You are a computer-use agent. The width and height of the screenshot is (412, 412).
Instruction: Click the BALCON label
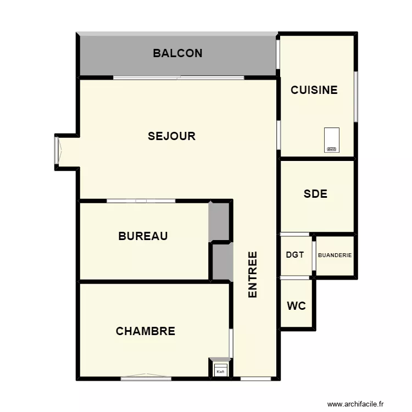tap(177, 53)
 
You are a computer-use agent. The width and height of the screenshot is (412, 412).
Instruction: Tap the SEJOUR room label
tap(171, 136)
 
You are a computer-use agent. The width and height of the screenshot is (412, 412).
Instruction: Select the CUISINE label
tap(314, 90)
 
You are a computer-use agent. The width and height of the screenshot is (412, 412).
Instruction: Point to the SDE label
tap(315, 194)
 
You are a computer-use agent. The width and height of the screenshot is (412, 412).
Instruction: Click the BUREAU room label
tap(143, 236)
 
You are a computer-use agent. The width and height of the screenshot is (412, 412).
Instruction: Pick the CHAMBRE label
tap(146, 331)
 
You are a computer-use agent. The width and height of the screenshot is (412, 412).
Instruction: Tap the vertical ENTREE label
tap(253, 275)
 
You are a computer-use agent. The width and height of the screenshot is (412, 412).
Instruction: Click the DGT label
tap(295, 255)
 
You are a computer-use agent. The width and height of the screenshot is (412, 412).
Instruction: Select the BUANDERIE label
tap(335, 255)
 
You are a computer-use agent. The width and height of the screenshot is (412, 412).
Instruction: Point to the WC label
tap(297, 306)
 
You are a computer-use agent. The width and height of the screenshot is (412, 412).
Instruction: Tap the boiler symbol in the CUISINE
tap(332, 140)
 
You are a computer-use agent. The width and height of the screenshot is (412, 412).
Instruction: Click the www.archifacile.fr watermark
tap(357, 404)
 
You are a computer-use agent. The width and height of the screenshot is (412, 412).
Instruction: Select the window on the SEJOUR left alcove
tap(57, 150)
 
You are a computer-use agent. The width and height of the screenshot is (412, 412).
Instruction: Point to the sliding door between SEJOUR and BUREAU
tap(141, 201)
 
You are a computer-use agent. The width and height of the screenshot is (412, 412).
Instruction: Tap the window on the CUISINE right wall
tap(356, 97)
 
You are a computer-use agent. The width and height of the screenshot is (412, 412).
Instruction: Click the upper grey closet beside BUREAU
tap(219, 221)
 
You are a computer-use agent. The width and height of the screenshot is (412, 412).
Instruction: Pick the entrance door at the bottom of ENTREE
tap(256, 378)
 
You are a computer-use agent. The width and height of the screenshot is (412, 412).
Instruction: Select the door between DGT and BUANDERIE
tap(314, 255)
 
